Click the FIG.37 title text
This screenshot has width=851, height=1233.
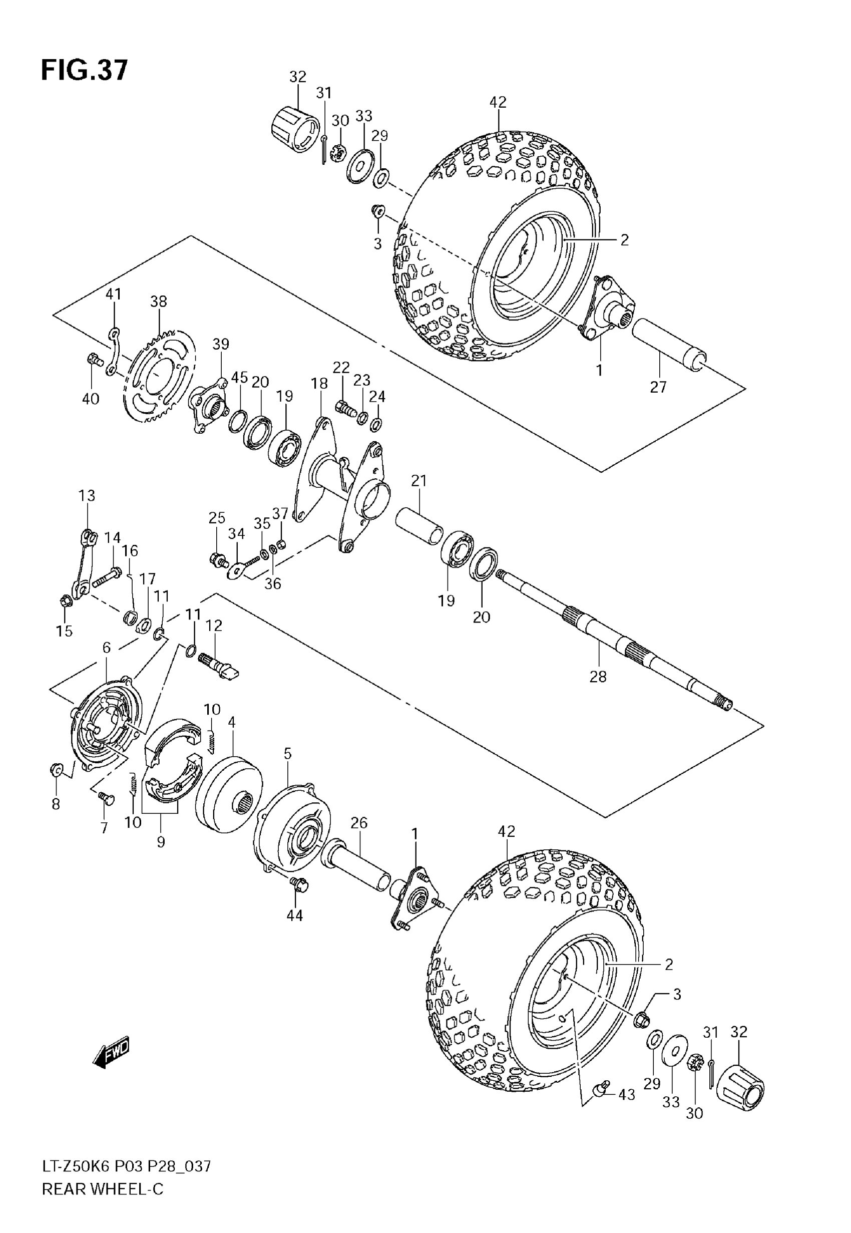tap(85, 71)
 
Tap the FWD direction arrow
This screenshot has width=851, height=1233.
tap(111, 1053)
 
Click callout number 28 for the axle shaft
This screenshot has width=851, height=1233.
tap(598, 677)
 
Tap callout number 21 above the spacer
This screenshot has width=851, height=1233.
tap(418, 481)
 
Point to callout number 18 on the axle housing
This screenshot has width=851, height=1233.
tap(319, 384)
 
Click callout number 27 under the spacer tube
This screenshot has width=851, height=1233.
tap(658, 387)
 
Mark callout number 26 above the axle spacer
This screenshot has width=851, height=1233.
tap(359, 823)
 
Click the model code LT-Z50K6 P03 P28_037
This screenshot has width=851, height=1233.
tap(127, 1167)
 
